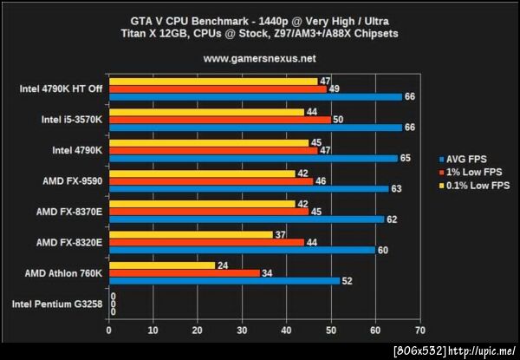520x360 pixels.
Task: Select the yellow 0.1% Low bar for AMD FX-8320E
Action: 190,235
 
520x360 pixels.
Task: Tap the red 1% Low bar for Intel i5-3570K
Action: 219,119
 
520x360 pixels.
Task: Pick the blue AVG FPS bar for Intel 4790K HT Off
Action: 255,96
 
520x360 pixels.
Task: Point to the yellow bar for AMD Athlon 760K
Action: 161,265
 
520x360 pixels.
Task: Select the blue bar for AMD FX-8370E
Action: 246,219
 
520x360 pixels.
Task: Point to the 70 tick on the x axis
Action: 420,331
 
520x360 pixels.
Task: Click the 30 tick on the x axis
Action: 242,331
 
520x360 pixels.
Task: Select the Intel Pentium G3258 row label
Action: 57,304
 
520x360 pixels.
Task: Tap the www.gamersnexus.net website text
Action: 259,59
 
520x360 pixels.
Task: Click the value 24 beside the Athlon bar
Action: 223,265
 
